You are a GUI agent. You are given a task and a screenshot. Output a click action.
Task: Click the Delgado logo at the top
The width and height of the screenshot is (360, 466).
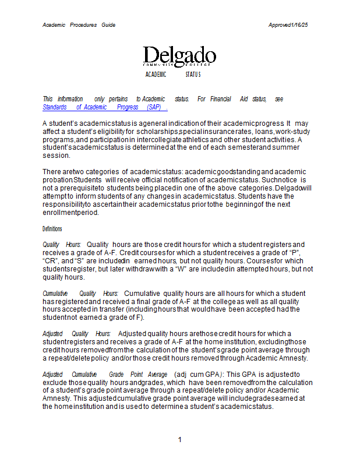click(179, 57)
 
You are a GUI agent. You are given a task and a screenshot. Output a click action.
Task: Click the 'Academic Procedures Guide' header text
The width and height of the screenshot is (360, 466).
click(79, 25)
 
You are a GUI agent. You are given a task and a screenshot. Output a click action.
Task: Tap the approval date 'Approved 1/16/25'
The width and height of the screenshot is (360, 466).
click(288, 25)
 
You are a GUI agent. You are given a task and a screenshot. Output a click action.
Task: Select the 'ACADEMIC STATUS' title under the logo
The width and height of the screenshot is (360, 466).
click(172, 75)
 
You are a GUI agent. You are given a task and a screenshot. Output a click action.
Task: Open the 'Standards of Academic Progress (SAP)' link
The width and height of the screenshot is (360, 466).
click(105, 107)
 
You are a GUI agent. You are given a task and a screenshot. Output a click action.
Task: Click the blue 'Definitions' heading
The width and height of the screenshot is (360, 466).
click(52, 229)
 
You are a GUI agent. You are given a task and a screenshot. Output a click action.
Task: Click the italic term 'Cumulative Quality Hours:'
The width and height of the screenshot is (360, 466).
click(81, 293)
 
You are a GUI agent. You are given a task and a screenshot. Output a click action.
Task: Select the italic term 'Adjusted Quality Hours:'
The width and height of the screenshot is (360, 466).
click(76, 333)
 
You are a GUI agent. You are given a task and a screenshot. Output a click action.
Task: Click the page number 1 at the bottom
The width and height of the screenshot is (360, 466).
click(180, 440)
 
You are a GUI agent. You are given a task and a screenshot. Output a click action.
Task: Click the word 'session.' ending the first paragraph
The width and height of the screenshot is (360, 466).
click(57, 156)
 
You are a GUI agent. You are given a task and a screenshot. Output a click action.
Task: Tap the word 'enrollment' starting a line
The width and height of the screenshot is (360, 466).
click(61, 213)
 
